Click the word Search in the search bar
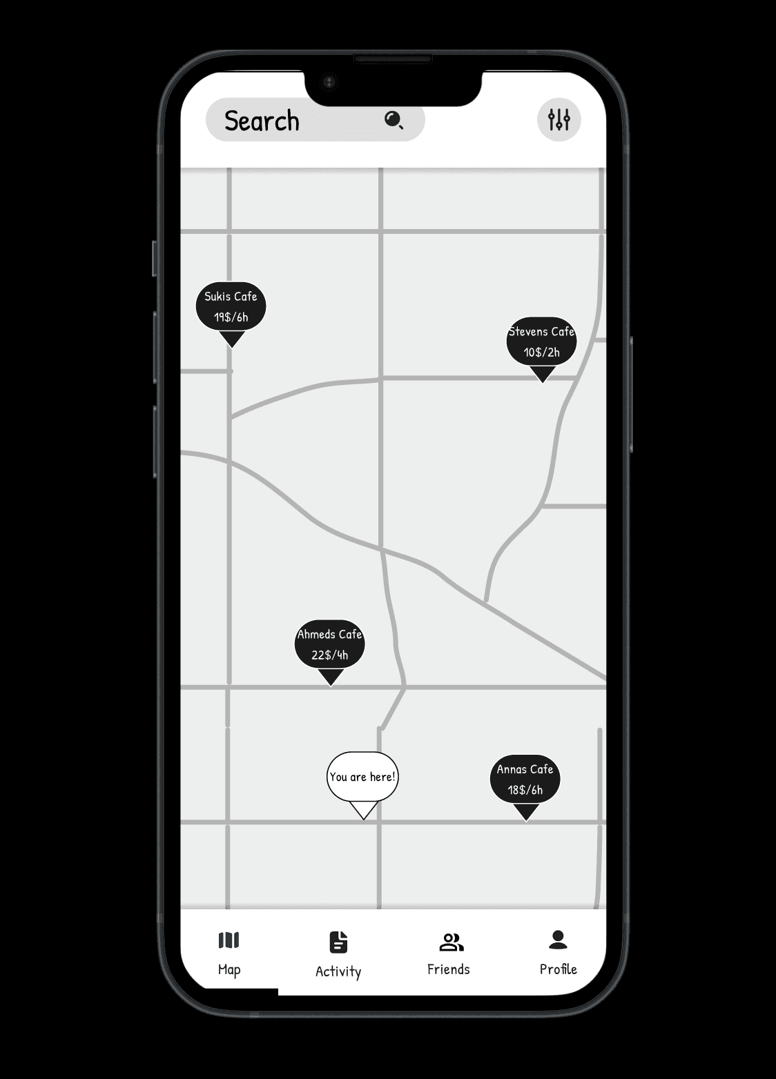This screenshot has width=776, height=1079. pyautogui.click(x=262, y=121)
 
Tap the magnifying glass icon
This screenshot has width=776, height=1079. pyautogui.click(x=394, y=120)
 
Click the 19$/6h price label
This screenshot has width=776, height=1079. pyautogui.click(x=231, y=317)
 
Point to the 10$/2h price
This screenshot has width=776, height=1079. pyautogui.click(x=542, y=353)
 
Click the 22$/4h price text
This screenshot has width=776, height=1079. pyautogui.click(x=330, y=655)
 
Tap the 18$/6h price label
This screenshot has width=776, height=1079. pyautogui.click(x=525, y=790)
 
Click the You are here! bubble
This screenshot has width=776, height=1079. pyautogui.click(x=362, y=777)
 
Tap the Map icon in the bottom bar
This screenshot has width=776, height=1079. pyautogui.click(x=229, y=940)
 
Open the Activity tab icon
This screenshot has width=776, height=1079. pyautogui.click(x=338, y=942)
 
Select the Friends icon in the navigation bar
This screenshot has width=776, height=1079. pyautogui.click(x=452, y=942)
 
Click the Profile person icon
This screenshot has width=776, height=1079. pyautogui.click(x=558, y=939)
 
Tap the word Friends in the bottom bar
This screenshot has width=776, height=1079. pyautogui.click(x=449, y=969)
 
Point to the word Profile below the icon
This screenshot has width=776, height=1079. pyautogui.click(x=558, y=969)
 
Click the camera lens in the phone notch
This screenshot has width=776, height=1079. pyautogui.click(x=329, y=83)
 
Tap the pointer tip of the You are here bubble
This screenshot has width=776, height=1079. pyautogui.click(x=363, y=818)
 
